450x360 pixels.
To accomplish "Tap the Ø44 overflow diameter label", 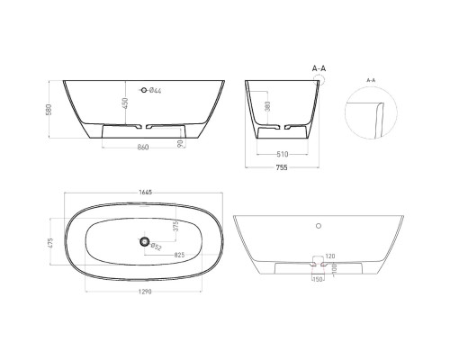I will [x=155, y=90].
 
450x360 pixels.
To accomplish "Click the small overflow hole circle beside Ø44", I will [x=140, y=90].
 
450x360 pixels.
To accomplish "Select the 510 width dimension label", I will [x=283, y=153].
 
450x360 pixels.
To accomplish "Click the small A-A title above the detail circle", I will [x=371, y=79].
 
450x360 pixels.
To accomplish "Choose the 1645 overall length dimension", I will [x=144, y=191].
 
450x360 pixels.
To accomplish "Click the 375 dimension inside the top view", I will [x=175, y=225].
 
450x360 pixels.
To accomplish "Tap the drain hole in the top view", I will [x=143, y=240].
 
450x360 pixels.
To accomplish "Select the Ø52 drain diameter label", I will [x=156, y=247].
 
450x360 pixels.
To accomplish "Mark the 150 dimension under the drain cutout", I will [x=316, y=279].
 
